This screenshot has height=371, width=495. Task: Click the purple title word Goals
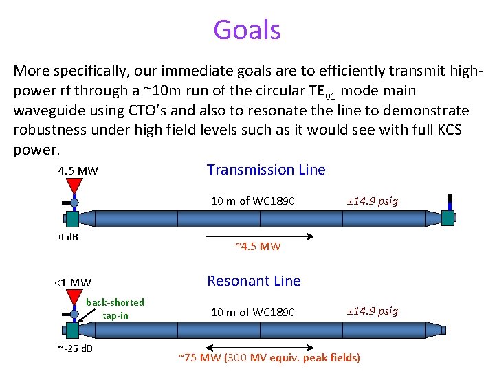click(x=247, y=30)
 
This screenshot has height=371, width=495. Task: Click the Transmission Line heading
click(x=266, y=170)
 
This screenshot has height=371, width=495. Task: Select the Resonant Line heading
click(x=254, y=281)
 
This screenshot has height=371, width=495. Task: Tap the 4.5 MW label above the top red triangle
click(x=78, y=170)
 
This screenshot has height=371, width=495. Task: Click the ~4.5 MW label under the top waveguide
click(x=258, y=247)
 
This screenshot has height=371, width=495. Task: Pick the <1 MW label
click(x=72, y=282)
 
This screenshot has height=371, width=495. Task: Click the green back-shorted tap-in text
click(x=115, y=308)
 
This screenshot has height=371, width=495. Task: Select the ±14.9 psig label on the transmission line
click(x=372, y=201)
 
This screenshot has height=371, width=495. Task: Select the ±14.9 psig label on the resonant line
click(x=372, y=311)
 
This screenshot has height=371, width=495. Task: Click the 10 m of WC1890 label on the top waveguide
click(x=253, y=201)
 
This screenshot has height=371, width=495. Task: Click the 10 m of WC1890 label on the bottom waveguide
click(x=253, y=312)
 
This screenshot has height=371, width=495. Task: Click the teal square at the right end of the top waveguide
click(x=448, y=218)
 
